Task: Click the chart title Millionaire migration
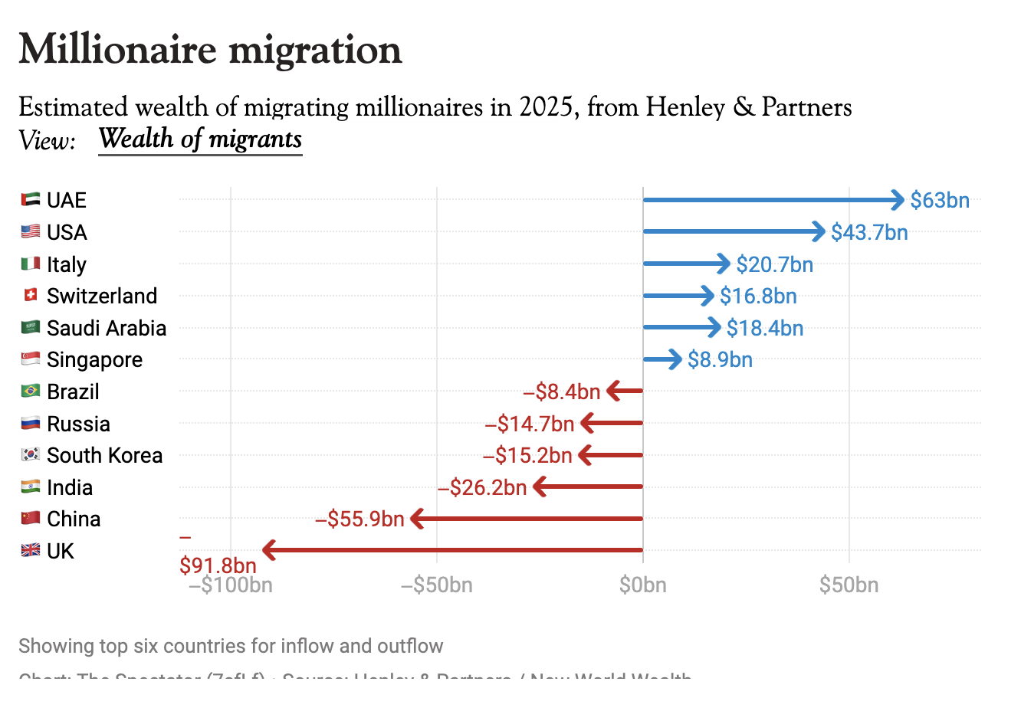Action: click(210, 50)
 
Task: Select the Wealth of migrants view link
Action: click(200, 139)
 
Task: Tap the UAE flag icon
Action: click(31, 200)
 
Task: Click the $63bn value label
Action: click(940, 201)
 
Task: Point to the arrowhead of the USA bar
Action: click(819, 231)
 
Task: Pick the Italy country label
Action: click(67, 264)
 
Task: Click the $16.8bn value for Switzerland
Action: click(758, 297)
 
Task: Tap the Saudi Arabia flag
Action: click(31, 328)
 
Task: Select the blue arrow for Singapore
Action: click(662, 359)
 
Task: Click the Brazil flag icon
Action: click(31, 392)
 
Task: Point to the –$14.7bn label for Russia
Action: click(530, 424)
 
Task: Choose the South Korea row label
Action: click(104, 456)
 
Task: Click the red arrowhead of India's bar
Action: click(540, 487)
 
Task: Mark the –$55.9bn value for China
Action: click(359, 519)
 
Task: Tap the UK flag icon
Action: click(31, 551)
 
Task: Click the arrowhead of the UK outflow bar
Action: click(269, 550)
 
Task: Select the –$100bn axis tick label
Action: click(231, 585)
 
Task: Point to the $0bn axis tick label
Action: click(643, 585)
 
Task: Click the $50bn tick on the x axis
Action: click(849, 585)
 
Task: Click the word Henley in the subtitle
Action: click(684, 107)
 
